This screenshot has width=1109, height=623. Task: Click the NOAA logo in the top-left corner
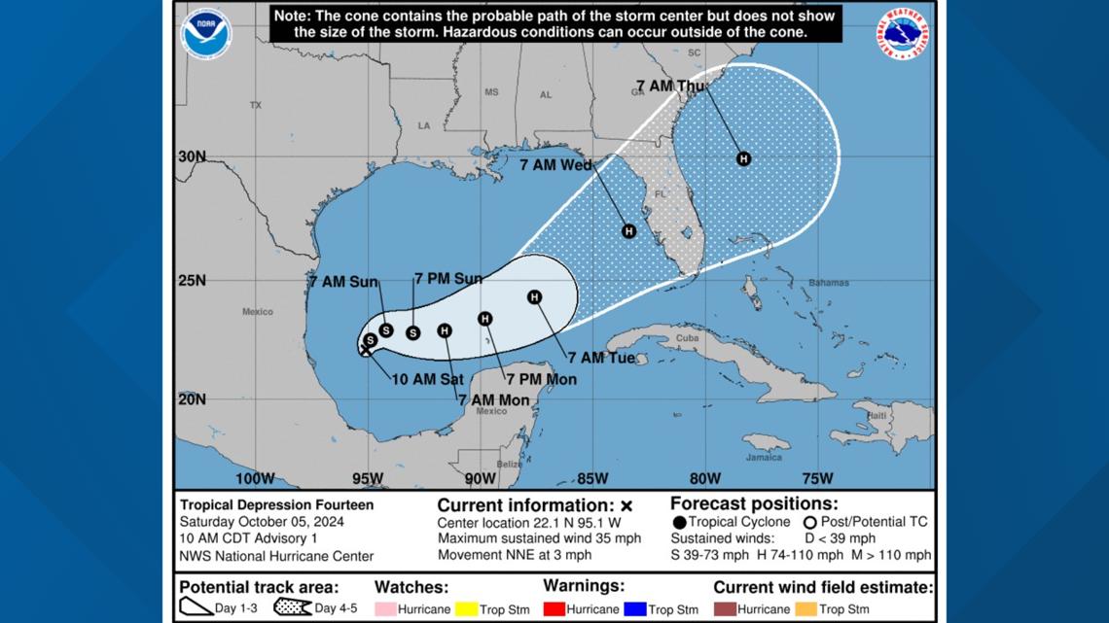[206, 34]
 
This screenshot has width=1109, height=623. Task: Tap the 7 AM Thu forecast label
[669, 87]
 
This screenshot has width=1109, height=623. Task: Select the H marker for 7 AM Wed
[628, 231]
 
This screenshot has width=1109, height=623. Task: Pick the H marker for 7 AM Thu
[743, 158]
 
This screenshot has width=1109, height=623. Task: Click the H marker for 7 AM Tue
[534, 296]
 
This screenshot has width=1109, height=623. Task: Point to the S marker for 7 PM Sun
[412, 332]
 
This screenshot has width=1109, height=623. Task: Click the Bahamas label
[802, 283]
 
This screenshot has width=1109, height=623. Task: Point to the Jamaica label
[764, 457]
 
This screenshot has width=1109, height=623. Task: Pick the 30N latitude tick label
[193, 156]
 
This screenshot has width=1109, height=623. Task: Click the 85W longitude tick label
[593, 477]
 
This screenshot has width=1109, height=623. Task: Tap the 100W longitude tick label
[256, 477]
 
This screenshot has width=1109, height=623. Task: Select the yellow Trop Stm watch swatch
[470, 609]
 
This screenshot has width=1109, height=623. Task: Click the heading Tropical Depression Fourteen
[276, 505]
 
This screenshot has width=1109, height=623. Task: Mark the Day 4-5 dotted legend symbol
[293, 608]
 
